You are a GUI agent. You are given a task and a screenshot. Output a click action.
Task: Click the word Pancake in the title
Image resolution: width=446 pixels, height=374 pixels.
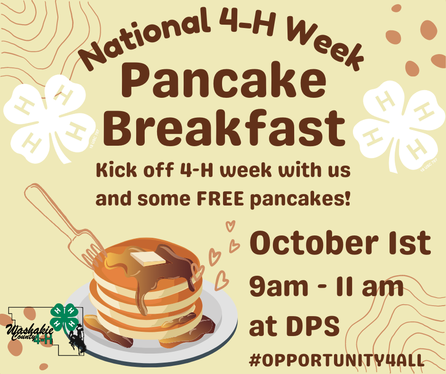coord(223,80)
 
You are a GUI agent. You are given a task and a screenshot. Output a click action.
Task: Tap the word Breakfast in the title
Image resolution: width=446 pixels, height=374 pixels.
coord(224,128)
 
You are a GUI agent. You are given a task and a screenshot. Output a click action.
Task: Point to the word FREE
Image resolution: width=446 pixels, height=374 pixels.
coord(220,199)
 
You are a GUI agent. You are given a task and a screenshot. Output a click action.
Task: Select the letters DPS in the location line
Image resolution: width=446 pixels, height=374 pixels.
coord(313,326)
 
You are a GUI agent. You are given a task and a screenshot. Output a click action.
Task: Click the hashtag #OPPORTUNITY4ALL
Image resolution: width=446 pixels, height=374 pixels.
coord(336,360)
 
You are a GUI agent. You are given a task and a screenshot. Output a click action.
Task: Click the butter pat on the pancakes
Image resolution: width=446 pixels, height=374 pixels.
coord(148,259)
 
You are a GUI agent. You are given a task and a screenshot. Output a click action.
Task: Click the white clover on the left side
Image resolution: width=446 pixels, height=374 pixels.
coord(49,119)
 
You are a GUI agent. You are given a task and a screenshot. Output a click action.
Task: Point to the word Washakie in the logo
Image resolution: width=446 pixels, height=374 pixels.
coord(29,330)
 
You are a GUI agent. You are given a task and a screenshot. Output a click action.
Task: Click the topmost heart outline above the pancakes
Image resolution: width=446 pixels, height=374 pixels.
coord(231,226)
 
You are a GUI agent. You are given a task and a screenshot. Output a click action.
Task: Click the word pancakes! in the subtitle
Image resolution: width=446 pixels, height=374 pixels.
coord(300,200)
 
